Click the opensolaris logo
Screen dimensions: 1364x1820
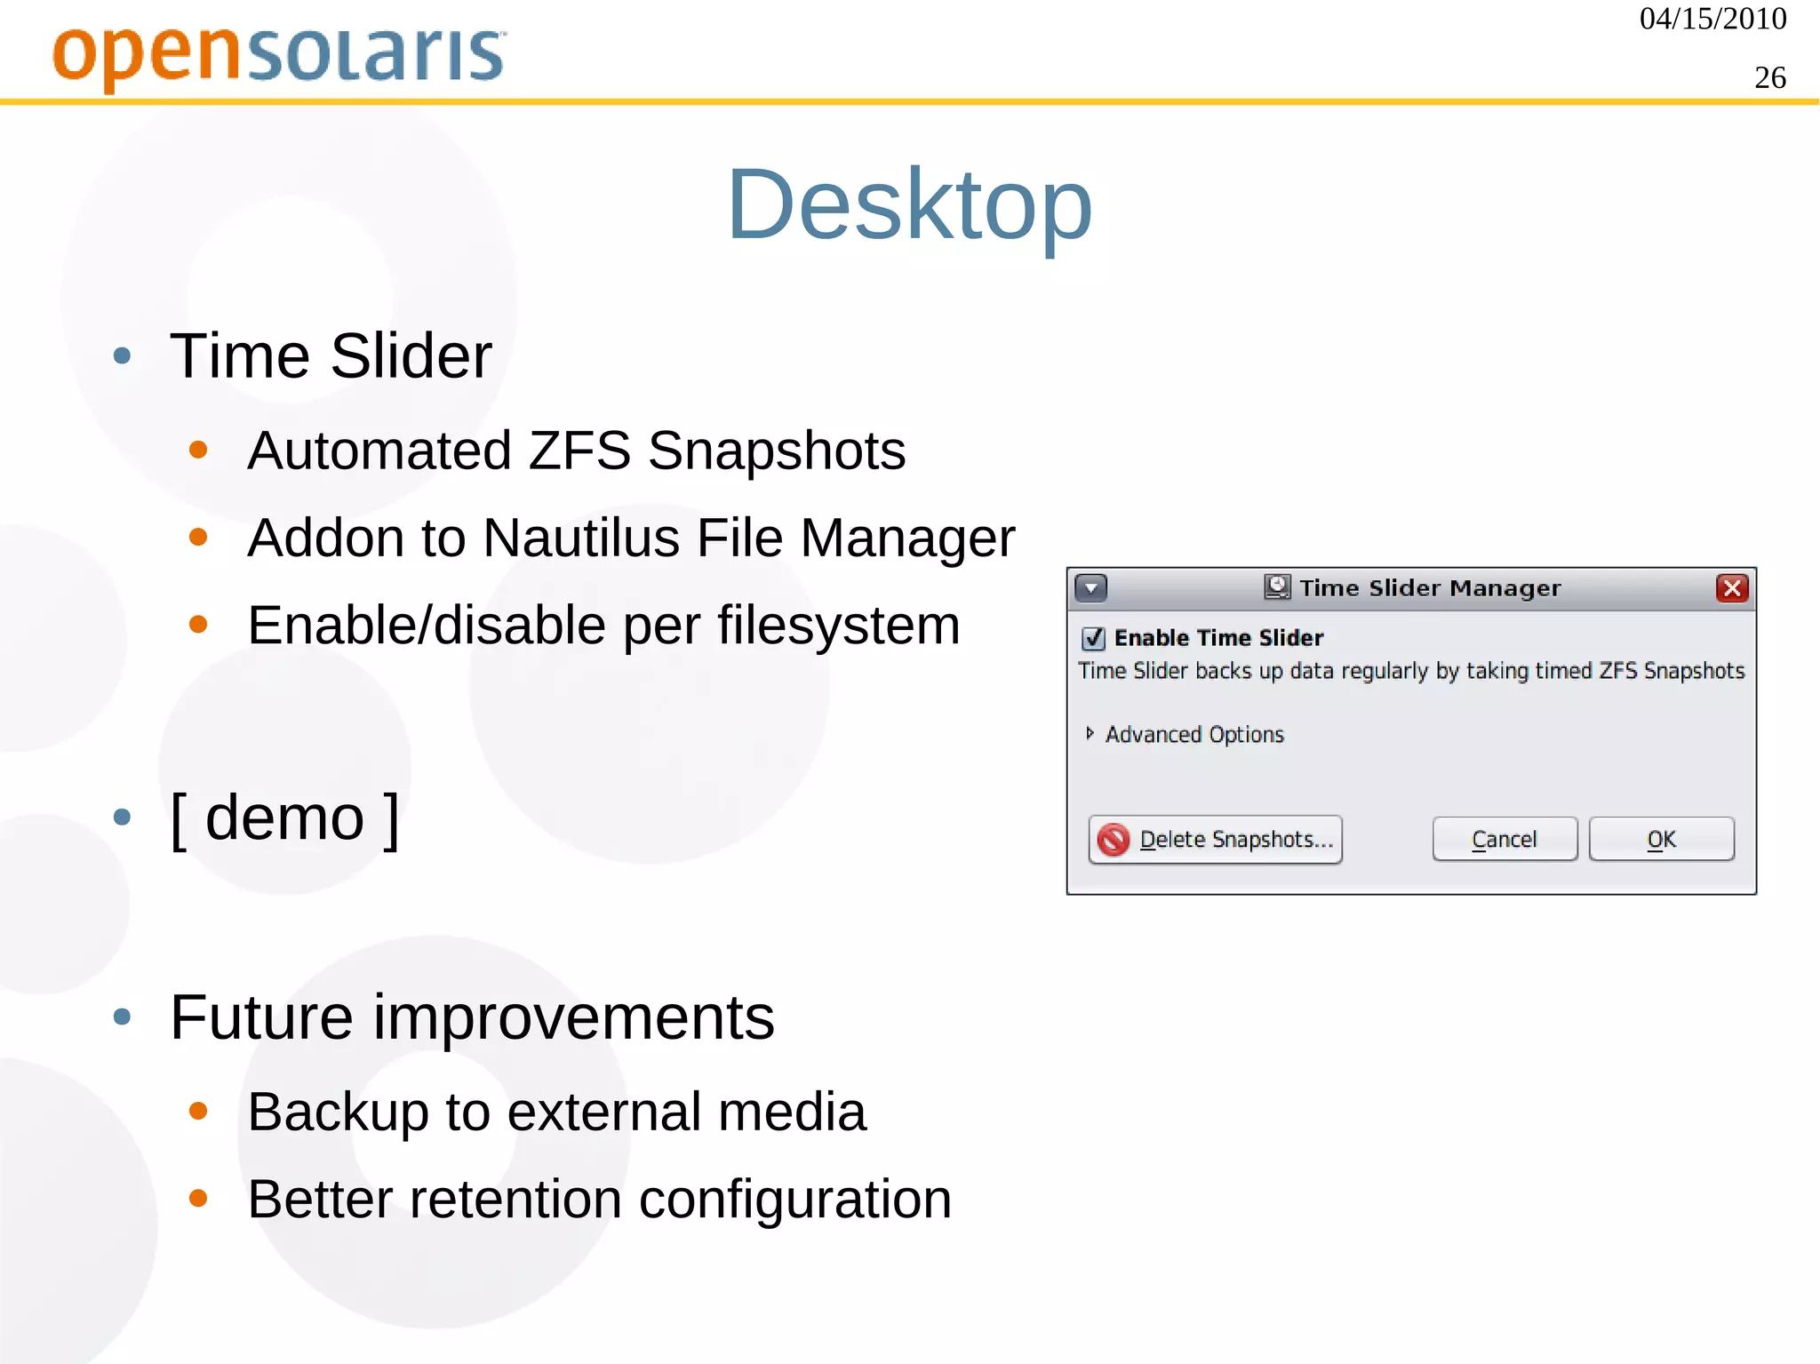click(x=279, y=55)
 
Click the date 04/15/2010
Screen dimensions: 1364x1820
click(x=1712, y=19)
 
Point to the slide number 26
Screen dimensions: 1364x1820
click(x=1769, y=78)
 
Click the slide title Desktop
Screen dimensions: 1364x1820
click(x=909, y=205)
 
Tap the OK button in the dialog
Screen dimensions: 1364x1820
click(x=1661, y=839)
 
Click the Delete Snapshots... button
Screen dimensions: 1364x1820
click(x=1215, y=839)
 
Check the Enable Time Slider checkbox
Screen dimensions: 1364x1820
click(x=1093, y=638)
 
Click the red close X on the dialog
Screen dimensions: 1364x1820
click(x=1732, y=587)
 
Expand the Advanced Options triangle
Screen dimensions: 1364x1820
click(x=1090, y=733)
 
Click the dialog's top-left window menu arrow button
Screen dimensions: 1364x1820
click(x=1090, y=587)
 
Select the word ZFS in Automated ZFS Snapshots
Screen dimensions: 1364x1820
click(x=579, y=451)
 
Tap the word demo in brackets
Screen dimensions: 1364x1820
click(x=284, y=818)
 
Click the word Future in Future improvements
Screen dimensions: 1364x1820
click(x=261, y=1017)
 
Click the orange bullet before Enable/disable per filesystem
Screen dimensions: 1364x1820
click(x=198, y=625)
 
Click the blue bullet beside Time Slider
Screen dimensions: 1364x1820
click(x=123, y=357)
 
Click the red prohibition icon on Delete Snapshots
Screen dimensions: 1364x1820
click(x=1113, y=839)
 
